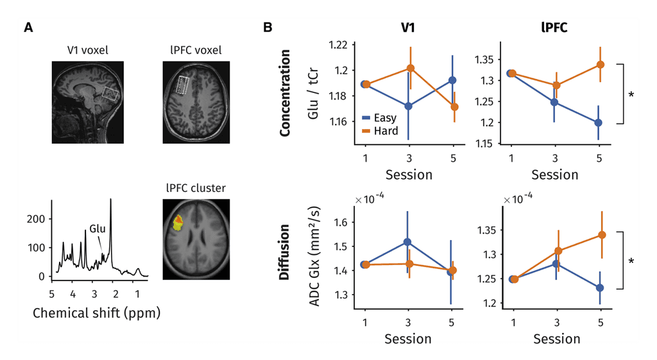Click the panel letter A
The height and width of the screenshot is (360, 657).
pyautogui.click(x=28, y=28)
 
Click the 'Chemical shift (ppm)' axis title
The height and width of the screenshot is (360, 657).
pyautogui.click(x=96, y=314)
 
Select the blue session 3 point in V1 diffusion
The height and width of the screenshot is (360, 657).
pyautogui.click(x=407, y=242)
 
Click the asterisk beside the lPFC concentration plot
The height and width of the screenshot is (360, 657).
pyautogui.click(x=631, y=94)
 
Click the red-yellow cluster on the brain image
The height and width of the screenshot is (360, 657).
pyautogui.click(x=177, y=222)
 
